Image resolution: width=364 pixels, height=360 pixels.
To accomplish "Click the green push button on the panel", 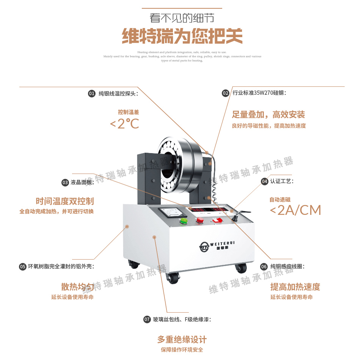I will coord(184,221).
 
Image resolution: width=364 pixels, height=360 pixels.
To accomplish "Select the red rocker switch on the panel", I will coord(218,220).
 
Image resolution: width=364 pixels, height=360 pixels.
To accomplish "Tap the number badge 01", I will coord(92,93).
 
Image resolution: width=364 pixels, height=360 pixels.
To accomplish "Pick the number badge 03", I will coord(65,183).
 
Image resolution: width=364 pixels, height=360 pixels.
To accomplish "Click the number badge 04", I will coord(265,182).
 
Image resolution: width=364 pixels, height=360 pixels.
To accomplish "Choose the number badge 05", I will coord(23,267).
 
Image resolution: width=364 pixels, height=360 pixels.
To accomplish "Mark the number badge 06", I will coord(264,267).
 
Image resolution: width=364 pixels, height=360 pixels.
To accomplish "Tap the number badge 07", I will coord(147,320).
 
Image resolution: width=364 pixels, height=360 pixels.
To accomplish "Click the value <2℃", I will coord(124,123).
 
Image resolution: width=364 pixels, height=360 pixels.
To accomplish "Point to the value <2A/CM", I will coord(295,210).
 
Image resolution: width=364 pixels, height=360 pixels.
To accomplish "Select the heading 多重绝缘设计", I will coord(182,339).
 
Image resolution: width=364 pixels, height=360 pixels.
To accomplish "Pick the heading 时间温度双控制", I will coord(65,201).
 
